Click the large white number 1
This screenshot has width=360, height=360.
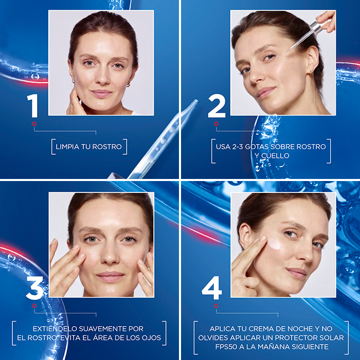tap(33, 105)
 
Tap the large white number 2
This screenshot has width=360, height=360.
tap(217, 106)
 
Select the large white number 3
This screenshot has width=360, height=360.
tap(34, 287)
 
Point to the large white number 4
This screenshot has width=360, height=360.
tap(212, 287)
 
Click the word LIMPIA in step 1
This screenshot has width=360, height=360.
tap(67, 147)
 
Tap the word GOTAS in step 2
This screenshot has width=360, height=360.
tap(257, 147)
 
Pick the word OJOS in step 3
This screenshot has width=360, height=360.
tap(151, 338)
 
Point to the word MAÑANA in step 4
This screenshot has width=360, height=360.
tap(274, 346)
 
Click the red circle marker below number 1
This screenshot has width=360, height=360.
tap(34, 124)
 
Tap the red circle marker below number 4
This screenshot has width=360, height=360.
tap(216, 306)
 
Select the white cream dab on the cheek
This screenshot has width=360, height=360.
tap(275, 244)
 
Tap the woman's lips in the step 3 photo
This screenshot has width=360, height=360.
tap(110, 277)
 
